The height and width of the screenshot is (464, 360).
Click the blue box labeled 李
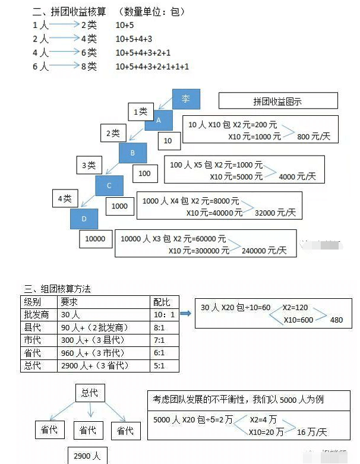pyautogui.click(x=186, y=99)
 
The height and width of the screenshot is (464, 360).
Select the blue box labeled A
pyautogui.click(x=158, y=119)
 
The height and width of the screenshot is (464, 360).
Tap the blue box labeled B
pyautogui.click(x=132, y=153)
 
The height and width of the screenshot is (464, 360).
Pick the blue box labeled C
pyautogui.click(x=109, y=185)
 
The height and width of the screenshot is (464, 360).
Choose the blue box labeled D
pyautogui.click(x=84, y=218)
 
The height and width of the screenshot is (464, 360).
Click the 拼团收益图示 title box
pyautogui.click(x=278, y=101)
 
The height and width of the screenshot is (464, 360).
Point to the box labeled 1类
pyautogui.click(x=141, y=111)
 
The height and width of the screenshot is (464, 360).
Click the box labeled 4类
pyautogui.click(x=64, y=198)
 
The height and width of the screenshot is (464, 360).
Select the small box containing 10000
pyautogui.click(x=96, y=239)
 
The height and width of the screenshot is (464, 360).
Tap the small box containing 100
pyautogui.click(x=145, y=173)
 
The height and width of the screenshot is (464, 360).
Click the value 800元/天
pyautogui.click(x=312, y=137)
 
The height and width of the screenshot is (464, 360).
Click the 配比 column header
pyautogui.click(x=162, y=301)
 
